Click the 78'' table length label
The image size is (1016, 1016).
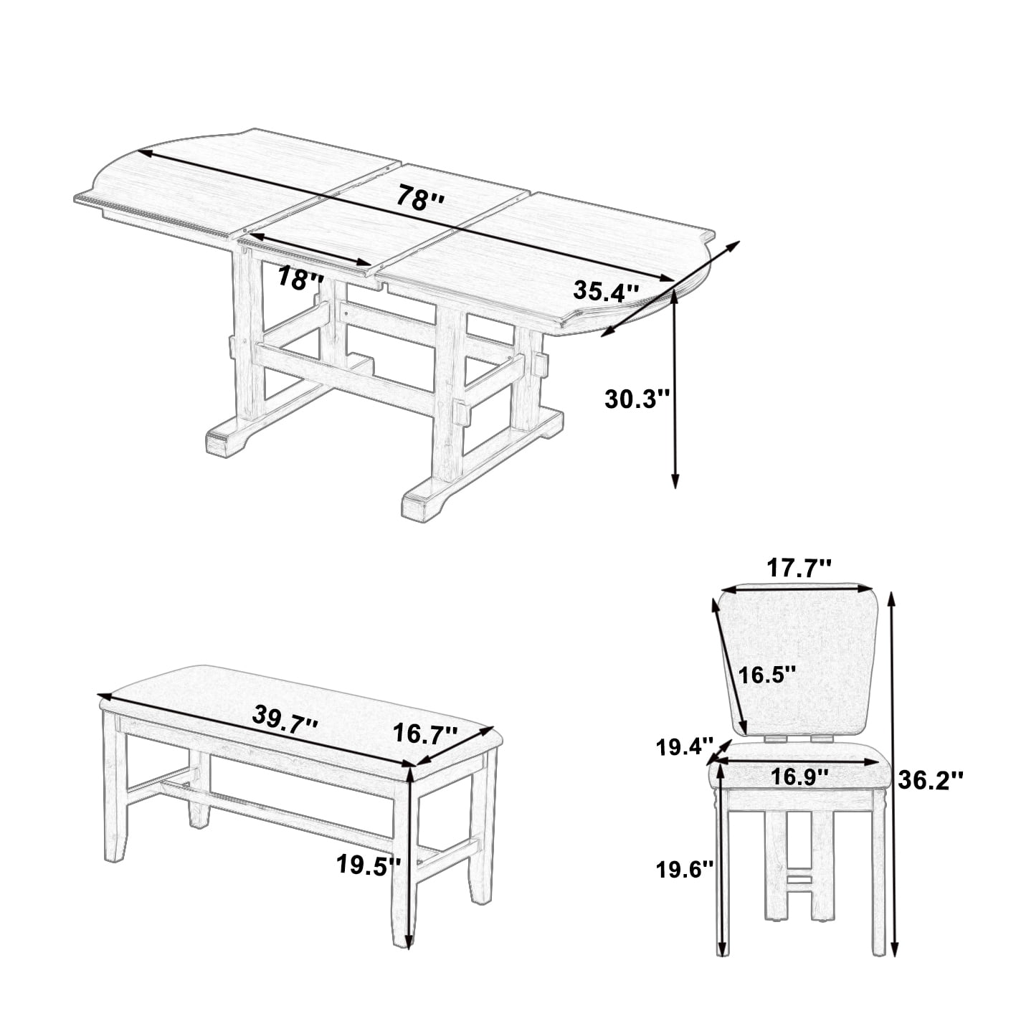[x=420, y=197]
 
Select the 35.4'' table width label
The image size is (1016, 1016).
[x=607, y=291]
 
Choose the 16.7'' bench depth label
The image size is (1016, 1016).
[x=425, y=734]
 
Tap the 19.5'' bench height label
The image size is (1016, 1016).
[x=369, y=865]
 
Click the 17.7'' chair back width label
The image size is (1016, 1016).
[x=799, y=569]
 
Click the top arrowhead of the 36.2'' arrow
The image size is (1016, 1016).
[x=891, y=599]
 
